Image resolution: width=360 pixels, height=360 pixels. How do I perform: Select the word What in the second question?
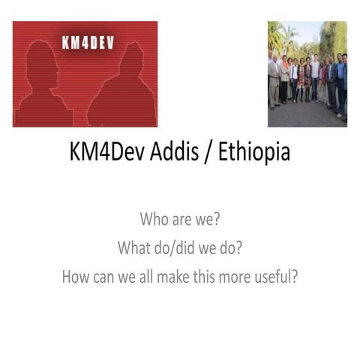point(134,248)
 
